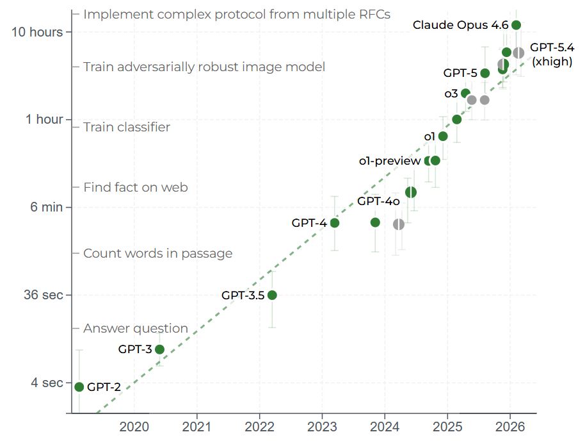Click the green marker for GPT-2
79,386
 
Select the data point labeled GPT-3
159,349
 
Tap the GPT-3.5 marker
272,295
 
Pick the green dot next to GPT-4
334,223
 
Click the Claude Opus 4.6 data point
516,25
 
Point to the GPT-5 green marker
485,73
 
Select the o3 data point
465,94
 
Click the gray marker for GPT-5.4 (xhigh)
518,53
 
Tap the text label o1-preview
389,161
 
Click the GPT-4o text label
378,202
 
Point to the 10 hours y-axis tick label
37,32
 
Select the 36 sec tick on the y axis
44,295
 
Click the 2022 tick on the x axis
259,426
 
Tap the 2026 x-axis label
509,426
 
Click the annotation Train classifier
127,127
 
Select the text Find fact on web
135,187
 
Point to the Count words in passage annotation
157,253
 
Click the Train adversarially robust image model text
204,67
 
